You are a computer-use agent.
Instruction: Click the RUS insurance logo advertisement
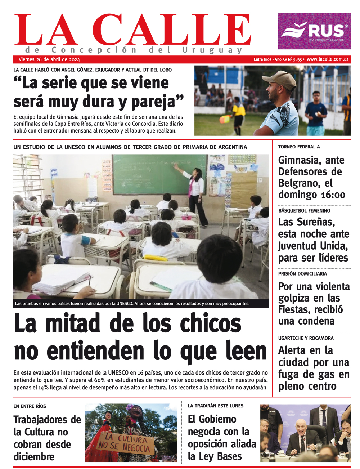tap(314, 31)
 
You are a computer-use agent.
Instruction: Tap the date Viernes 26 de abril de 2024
tap(49, 59)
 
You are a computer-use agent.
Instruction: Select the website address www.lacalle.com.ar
tap(328, 59)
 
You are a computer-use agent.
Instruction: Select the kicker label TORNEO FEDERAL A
tap(299, 147)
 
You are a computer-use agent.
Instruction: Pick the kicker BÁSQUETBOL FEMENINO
tap(304, 211)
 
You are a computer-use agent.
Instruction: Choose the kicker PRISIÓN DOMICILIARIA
tap(302, 274)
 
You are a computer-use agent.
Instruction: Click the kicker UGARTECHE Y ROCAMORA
tap(306, 338)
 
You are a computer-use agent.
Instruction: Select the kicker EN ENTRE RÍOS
tap(30, 406)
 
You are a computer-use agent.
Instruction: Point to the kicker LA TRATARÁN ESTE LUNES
tap(216, 406)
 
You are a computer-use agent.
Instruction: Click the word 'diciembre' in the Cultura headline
tap(34, 457)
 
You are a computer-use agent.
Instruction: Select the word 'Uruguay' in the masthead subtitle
tap(212, 50)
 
